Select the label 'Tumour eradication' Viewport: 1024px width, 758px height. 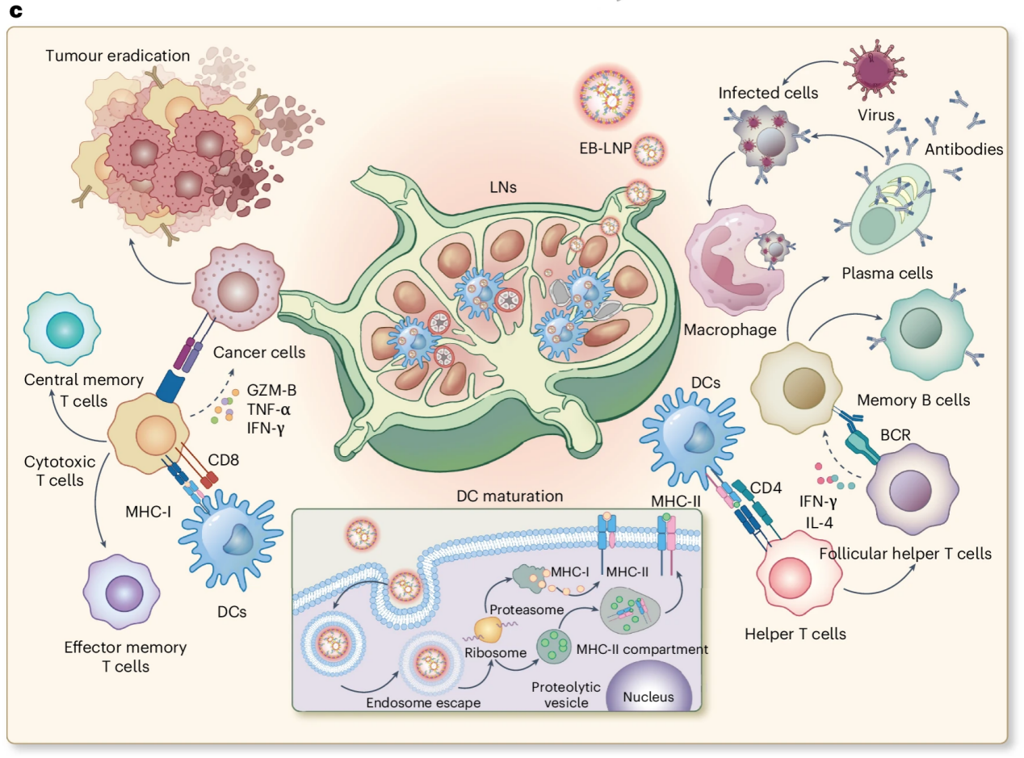click(118, 57)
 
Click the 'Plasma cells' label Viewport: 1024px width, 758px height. click(887, 273)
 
